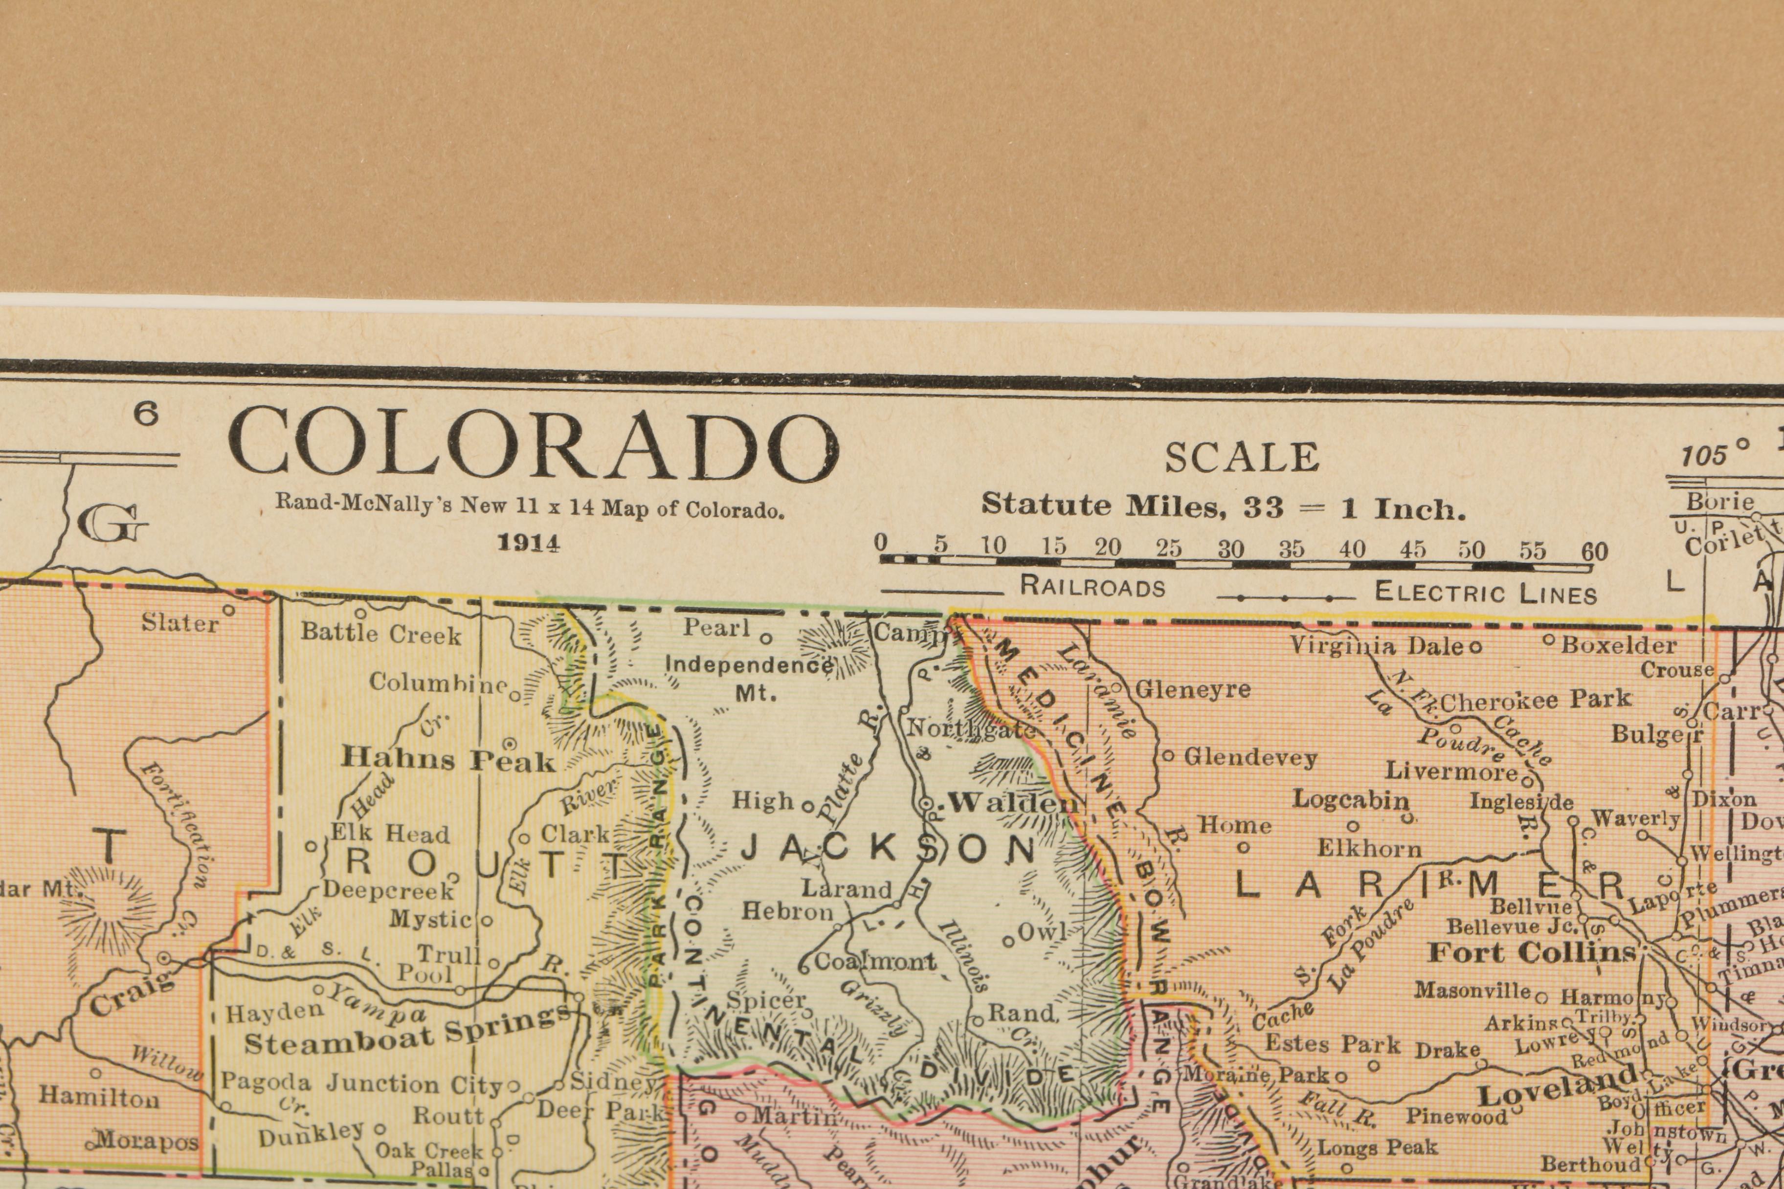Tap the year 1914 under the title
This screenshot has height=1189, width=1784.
[x=529, y=543]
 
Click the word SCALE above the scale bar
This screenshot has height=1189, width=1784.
[x=1242, y=457]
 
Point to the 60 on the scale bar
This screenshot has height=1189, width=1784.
[x=1594, y=551]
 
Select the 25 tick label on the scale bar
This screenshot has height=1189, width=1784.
[x=1168, y=548]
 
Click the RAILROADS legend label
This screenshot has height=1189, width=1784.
[x=1092, y=586]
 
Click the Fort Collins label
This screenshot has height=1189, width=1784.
[x=1532, y=952]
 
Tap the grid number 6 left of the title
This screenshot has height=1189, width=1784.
[x=146, y=414]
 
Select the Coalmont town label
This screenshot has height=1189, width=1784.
[x=875, y=962]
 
